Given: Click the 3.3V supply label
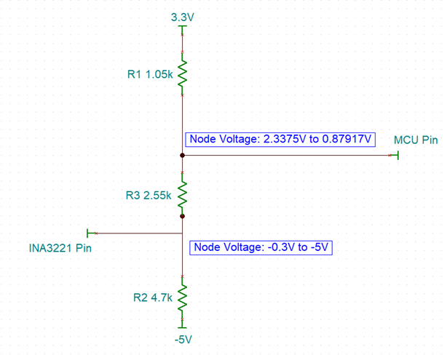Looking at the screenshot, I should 182,16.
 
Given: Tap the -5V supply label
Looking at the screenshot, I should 182,340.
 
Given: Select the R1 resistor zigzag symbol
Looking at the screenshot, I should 182,73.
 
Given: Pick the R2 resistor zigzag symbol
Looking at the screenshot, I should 182,297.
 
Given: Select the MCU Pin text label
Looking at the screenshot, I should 415,139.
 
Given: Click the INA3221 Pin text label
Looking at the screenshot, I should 60,249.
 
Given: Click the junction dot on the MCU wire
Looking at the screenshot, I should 182,156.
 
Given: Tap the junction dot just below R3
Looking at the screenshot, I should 182,216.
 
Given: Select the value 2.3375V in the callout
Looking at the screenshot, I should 284,139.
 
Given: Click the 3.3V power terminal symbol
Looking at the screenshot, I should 182,28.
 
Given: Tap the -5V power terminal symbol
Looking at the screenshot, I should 182,327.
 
